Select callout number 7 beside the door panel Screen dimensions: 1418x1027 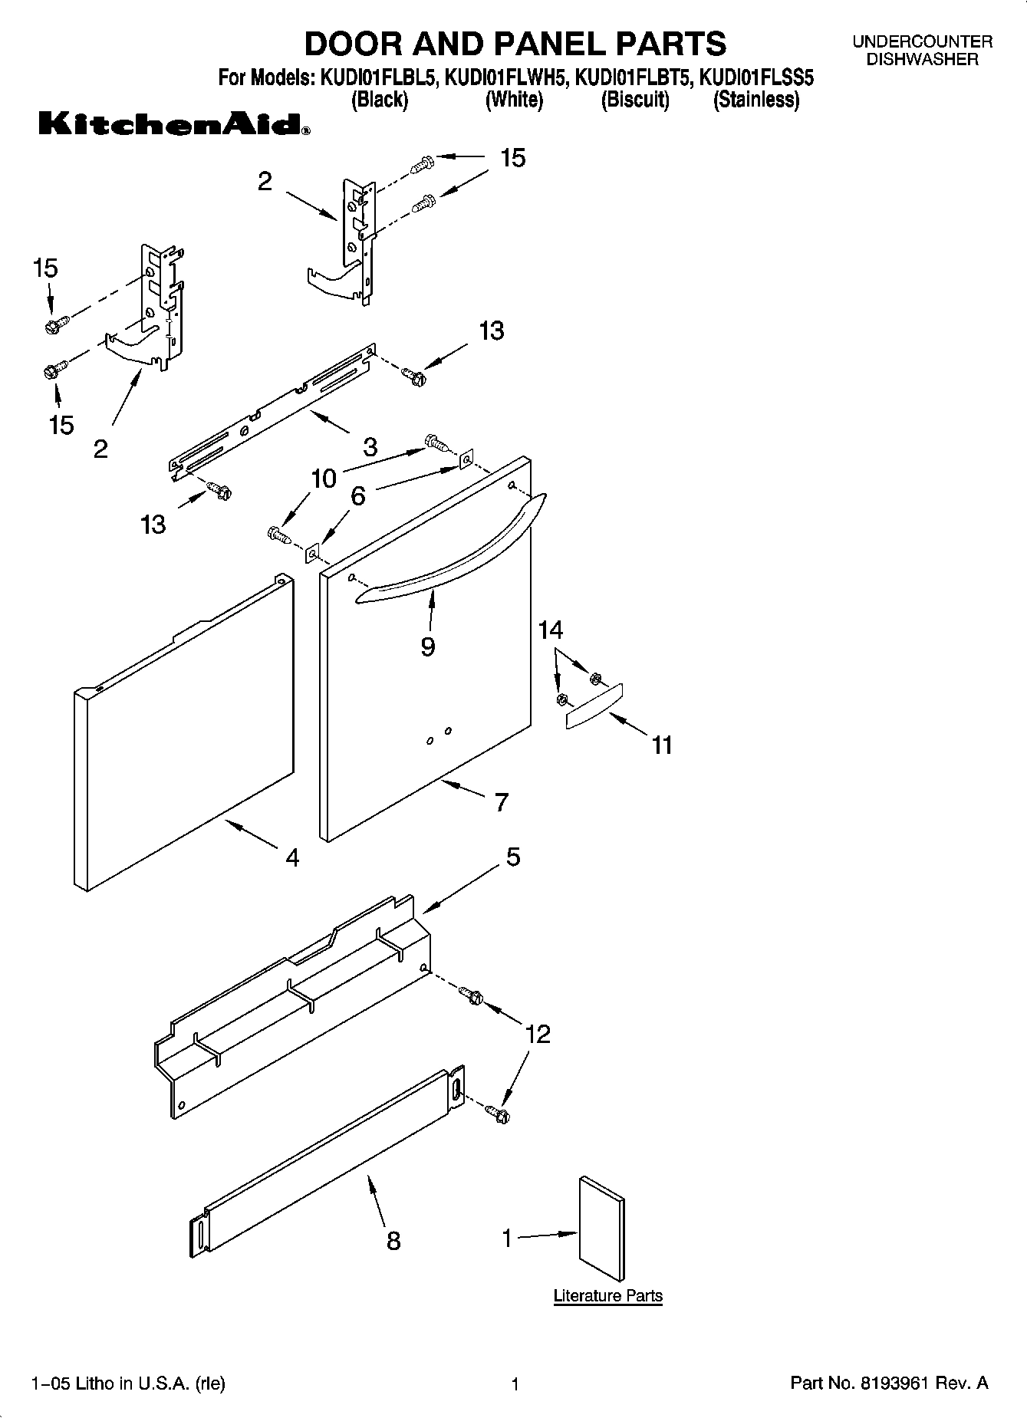point(501,802)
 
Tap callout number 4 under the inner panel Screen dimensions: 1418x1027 point(292,857)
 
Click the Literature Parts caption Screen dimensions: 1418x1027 point(607,1295)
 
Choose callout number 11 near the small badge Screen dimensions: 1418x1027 point(662,745)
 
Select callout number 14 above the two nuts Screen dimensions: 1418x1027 point(551,630)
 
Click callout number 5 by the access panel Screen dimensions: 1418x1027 point(513,857)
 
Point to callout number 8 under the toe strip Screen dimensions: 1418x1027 point(393,1240)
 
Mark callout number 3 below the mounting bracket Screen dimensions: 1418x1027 point(370,446)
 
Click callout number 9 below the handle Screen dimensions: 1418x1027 point(428,646)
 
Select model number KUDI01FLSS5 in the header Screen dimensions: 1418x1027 point(756,78)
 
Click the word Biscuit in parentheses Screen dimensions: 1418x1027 point(635,100)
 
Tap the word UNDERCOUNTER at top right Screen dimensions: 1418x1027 point(923,42)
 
